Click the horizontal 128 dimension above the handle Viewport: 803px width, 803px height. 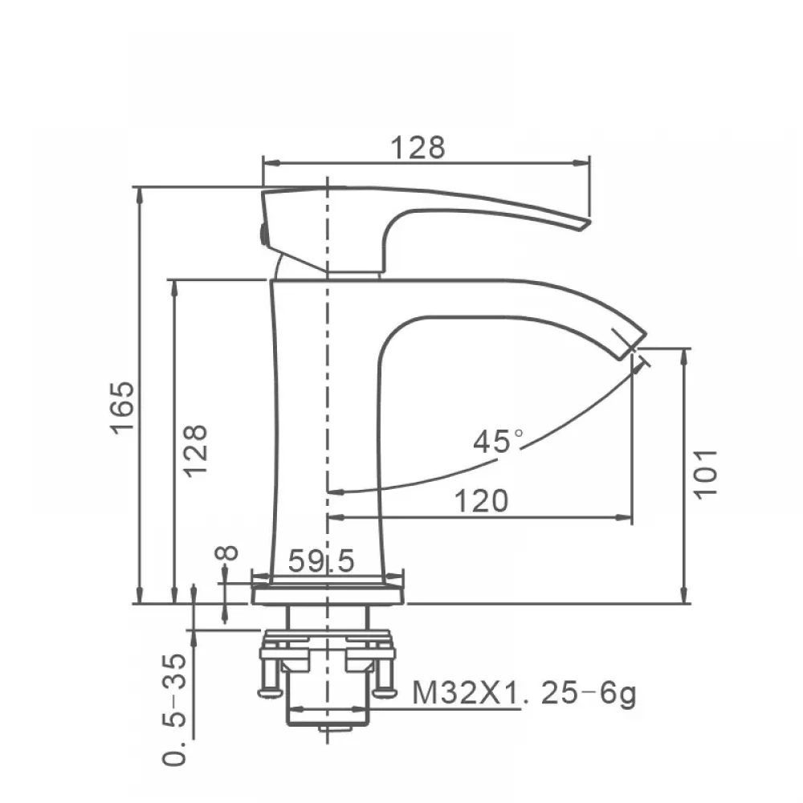418,148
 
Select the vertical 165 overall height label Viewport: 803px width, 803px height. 124,408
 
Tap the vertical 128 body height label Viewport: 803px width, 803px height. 196,451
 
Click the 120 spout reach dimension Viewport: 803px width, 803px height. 481,500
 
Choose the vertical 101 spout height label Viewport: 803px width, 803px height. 706,473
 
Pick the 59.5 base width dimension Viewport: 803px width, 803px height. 321,560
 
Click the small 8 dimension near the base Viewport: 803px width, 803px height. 227,553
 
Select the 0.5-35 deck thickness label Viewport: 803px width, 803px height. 174,709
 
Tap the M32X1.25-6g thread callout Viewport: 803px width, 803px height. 524,693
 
